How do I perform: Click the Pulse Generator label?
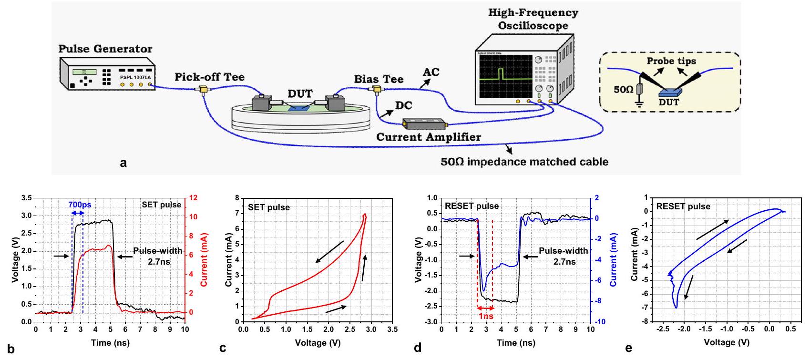coord(105,49)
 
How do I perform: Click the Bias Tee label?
coord(379,79)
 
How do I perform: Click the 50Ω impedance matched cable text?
coord(524,162)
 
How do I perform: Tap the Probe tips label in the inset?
coord(671,61)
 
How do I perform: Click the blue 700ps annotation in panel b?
coord(80,205)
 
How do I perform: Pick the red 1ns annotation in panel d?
coord(485,316)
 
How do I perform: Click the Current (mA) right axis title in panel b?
coord(204,260)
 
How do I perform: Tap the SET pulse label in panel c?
coord(269,207)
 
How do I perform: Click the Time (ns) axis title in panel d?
coord(516,342)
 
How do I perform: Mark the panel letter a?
coord(124,163)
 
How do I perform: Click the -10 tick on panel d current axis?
coord(600,322)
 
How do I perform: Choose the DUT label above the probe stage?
coord(299,93)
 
